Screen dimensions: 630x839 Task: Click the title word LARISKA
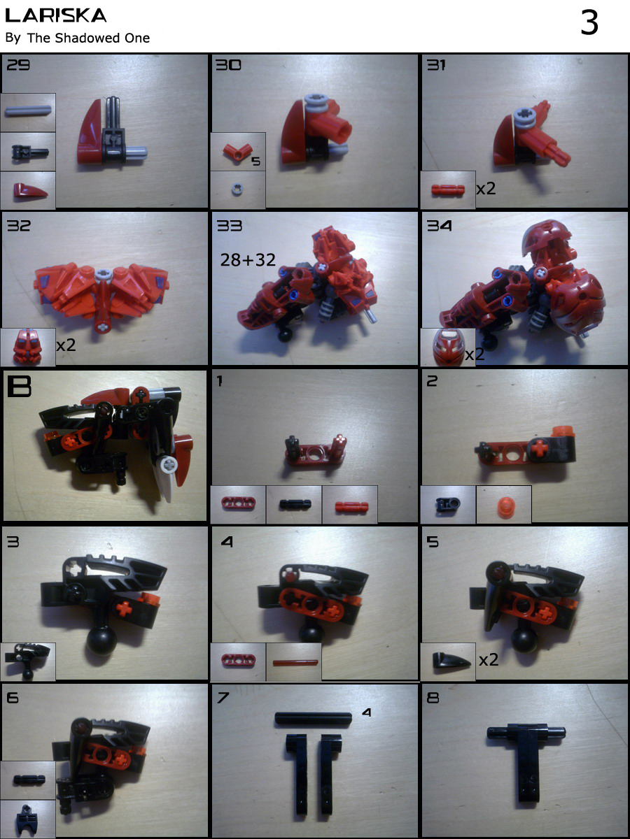(56, 15)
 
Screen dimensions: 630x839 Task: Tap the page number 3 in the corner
(589, 23)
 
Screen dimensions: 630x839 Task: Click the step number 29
(18, 64)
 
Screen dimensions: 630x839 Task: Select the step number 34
(439, 226)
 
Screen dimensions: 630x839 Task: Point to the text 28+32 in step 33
(248, 260)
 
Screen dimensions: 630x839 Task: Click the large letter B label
(20, 386)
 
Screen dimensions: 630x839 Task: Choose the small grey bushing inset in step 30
(237, 189)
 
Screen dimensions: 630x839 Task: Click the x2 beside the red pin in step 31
(486, 189)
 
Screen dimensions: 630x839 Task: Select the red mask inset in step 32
(27, 346)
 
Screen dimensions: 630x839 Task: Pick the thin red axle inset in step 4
(295, 662)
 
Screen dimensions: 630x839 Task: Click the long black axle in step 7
(314, 719)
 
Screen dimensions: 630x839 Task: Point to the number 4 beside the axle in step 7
(366, 712)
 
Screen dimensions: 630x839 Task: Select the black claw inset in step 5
(451, 660)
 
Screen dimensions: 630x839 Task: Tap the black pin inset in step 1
(295, 505)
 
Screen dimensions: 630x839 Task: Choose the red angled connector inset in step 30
(237, 152)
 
